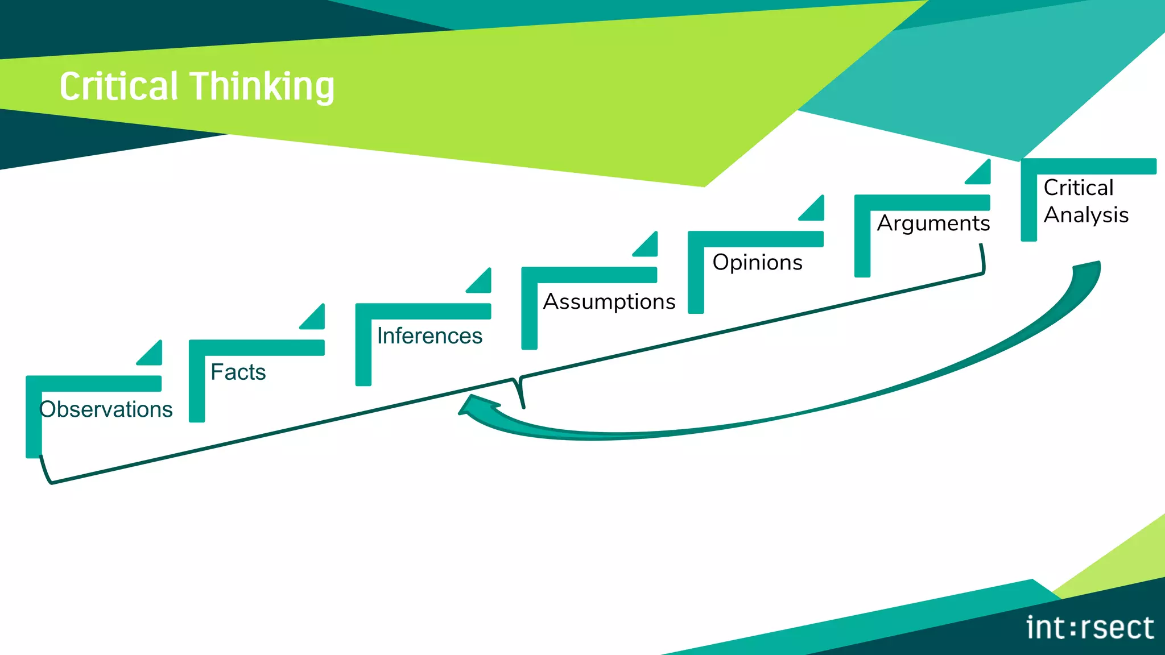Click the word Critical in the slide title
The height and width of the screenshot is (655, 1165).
[x=119, y=86]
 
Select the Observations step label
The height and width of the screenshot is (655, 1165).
[x=106, y=409]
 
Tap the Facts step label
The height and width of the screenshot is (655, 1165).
[x=238, y=372]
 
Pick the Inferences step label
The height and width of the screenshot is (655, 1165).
[x=429, y=336]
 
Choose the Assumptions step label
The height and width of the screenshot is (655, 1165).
[x=609, y=301]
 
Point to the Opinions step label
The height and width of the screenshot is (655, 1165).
[x=757, y=262]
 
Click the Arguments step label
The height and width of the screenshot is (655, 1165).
[x=933, y=223]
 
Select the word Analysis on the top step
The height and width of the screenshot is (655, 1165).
[x=1086, y=215]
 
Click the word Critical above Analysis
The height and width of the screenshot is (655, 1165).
[x=1078, y=187]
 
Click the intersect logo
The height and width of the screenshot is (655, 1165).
[x=1089, y=628]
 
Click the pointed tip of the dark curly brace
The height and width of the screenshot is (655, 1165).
[x=523, y=406]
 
